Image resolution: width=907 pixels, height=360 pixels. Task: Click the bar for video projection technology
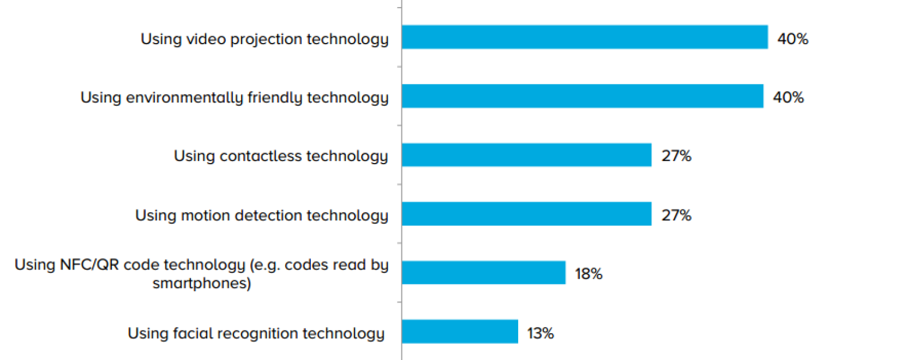(x=585, y=37)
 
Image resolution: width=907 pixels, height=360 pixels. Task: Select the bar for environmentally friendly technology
(x=582, y=96)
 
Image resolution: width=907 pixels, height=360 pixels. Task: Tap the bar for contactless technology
(x=526, y=155)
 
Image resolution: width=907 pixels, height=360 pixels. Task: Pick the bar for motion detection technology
(x=526, y=214)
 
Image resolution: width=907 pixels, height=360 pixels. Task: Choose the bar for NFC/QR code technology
(x=483, y=273)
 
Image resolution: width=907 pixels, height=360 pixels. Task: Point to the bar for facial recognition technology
(x=460, y=332)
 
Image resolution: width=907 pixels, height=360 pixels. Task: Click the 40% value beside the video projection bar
(x=792, y=39)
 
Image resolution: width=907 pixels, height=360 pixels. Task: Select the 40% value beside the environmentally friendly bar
(x=788, y=97)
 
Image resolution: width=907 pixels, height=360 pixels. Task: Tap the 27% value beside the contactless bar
(x=676, y=156)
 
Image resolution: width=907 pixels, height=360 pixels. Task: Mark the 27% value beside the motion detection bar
(x=676, y=215)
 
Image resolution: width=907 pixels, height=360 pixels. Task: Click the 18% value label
(x=588, y=274)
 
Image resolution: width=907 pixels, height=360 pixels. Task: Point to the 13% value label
(x=540, y=333)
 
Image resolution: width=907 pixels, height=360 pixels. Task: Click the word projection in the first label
(x=266, y=39)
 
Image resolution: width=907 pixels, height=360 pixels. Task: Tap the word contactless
(x=261, y=156)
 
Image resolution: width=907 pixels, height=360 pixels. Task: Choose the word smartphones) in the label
(x=202, y=283)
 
